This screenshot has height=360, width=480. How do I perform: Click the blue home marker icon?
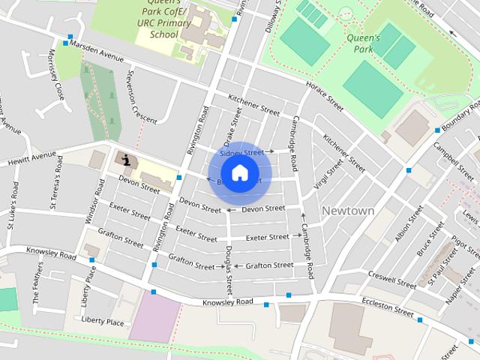click(x=239, y=172)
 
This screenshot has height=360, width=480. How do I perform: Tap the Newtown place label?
click(x=347, y=211)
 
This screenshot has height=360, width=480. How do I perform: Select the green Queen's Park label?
click(x=364, y=43)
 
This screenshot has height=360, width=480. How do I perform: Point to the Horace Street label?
click(x=324, y=97)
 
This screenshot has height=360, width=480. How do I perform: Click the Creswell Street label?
click(x=391, y=280)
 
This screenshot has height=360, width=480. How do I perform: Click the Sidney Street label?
click(x=242, y=152)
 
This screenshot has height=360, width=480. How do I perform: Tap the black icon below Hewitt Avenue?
click(x=125, y=159)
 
